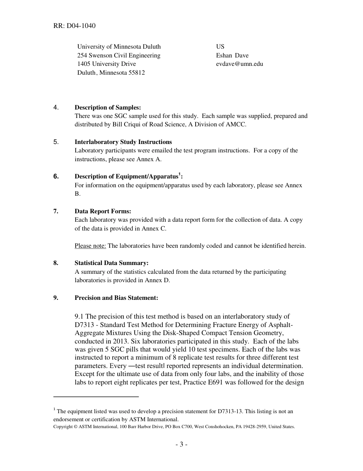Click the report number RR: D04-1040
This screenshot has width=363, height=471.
click(75, 26)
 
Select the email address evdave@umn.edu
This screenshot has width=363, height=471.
click(239, 64)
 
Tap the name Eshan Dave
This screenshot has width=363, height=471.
click(232, 56)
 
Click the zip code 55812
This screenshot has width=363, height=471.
click(136, 72)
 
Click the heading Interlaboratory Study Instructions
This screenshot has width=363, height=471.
click(123, 142)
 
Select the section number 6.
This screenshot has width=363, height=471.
click(56, 177)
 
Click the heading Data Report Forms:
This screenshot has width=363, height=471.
click(103, 211)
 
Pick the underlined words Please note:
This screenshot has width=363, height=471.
click(90, 246)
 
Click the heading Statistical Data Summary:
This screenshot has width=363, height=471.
click(111, 263)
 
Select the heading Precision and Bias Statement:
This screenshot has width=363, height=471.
click(116, 298)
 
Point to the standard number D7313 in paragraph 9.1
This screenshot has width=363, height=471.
click(84, 325)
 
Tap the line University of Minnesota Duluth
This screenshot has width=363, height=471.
click(119, 47)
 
